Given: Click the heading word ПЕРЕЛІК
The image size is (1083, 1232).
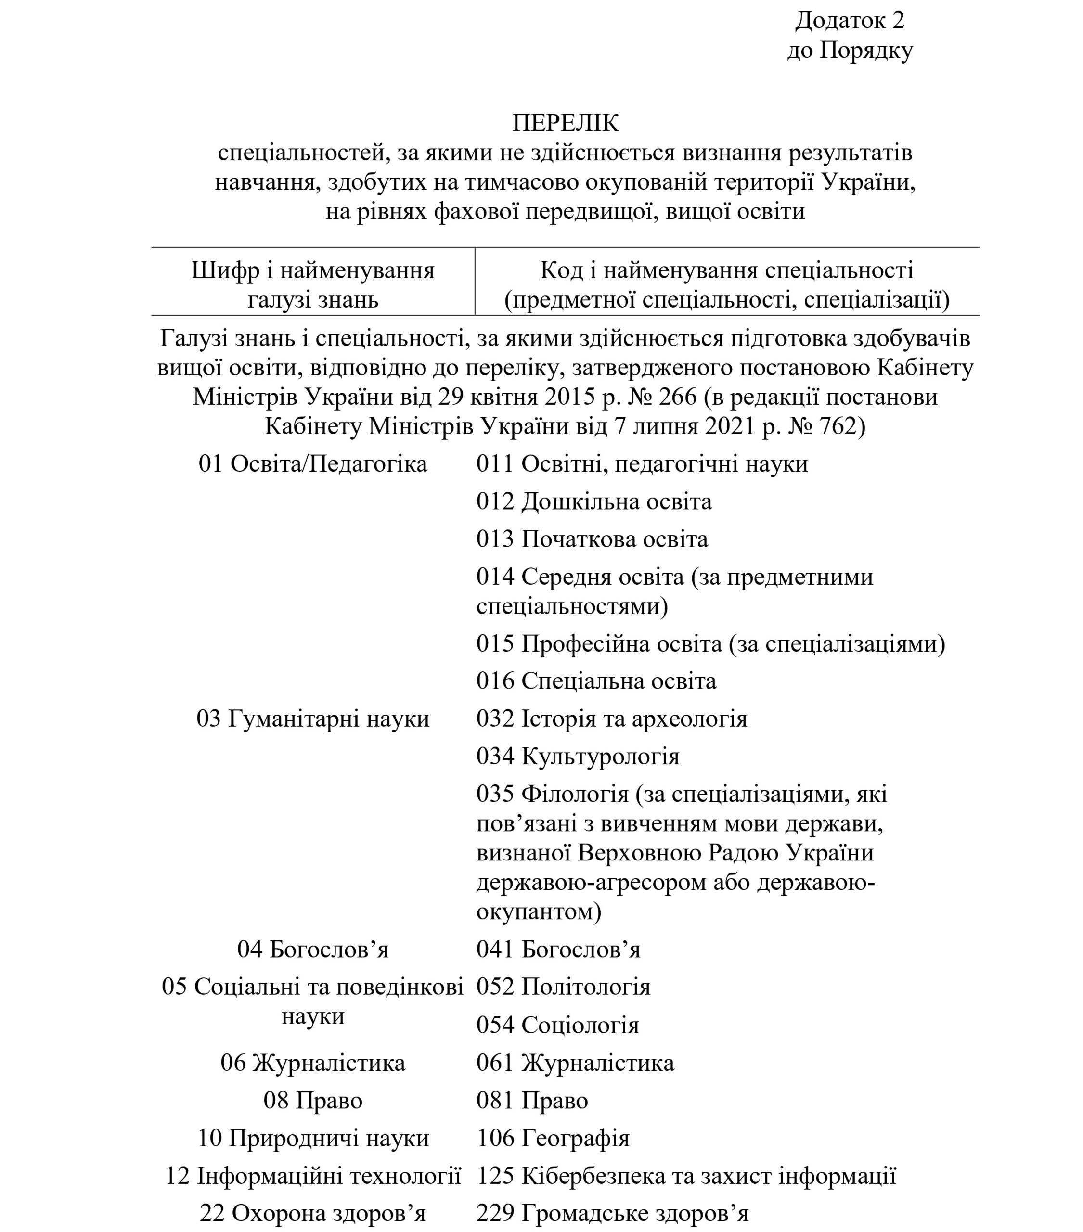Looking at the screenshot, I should (565, 124).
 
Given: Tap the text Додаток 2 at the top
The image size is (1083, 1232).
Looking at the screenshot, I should (850, 21).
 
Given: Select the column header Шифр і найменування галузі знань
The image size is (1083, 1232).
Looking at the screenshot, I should (313, 284).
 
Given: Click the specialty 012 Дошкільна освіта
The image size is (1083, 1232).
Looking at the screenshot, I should (594, 501).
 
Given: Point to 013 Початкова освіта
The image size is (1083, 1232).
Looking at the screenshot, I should (592, 539).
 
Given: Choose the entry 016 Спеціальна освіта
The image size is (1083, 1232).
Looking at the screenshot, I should (596, 681).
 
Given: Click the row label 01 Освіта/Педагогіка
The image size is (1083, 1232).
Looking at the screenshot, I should (313, 464).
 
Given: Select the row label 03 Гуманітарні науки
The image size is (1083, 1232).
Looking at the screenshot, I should (313, 719).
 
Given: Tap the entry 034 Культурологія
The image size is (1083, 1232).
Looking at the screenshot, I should (578, 756).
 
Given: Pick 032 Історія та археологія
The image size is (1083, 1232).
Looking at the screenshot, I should (611, 719).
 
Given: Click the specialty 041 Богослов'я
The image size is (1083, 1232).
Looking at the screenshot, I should (558, 950).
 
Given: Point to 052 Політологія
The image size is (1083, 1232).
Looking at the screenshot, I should (563, 987).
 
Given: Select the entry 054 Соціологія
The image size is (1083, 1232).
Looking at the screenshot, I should (558, 1025).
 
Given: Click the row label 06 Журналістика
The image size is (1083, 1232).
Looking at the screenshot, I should (313, 1063).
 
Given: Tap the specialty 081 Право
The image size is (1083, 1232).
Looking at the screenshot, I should (532, 1101).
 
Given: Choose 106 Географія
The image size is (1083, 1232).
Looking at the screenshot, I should (553, 1138).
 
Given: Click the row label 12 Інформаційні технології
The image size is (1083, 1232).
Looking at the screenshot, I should (313, 1175).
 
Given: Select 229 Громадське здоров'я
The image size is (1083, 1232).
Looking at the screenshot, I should (612, 1213).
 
